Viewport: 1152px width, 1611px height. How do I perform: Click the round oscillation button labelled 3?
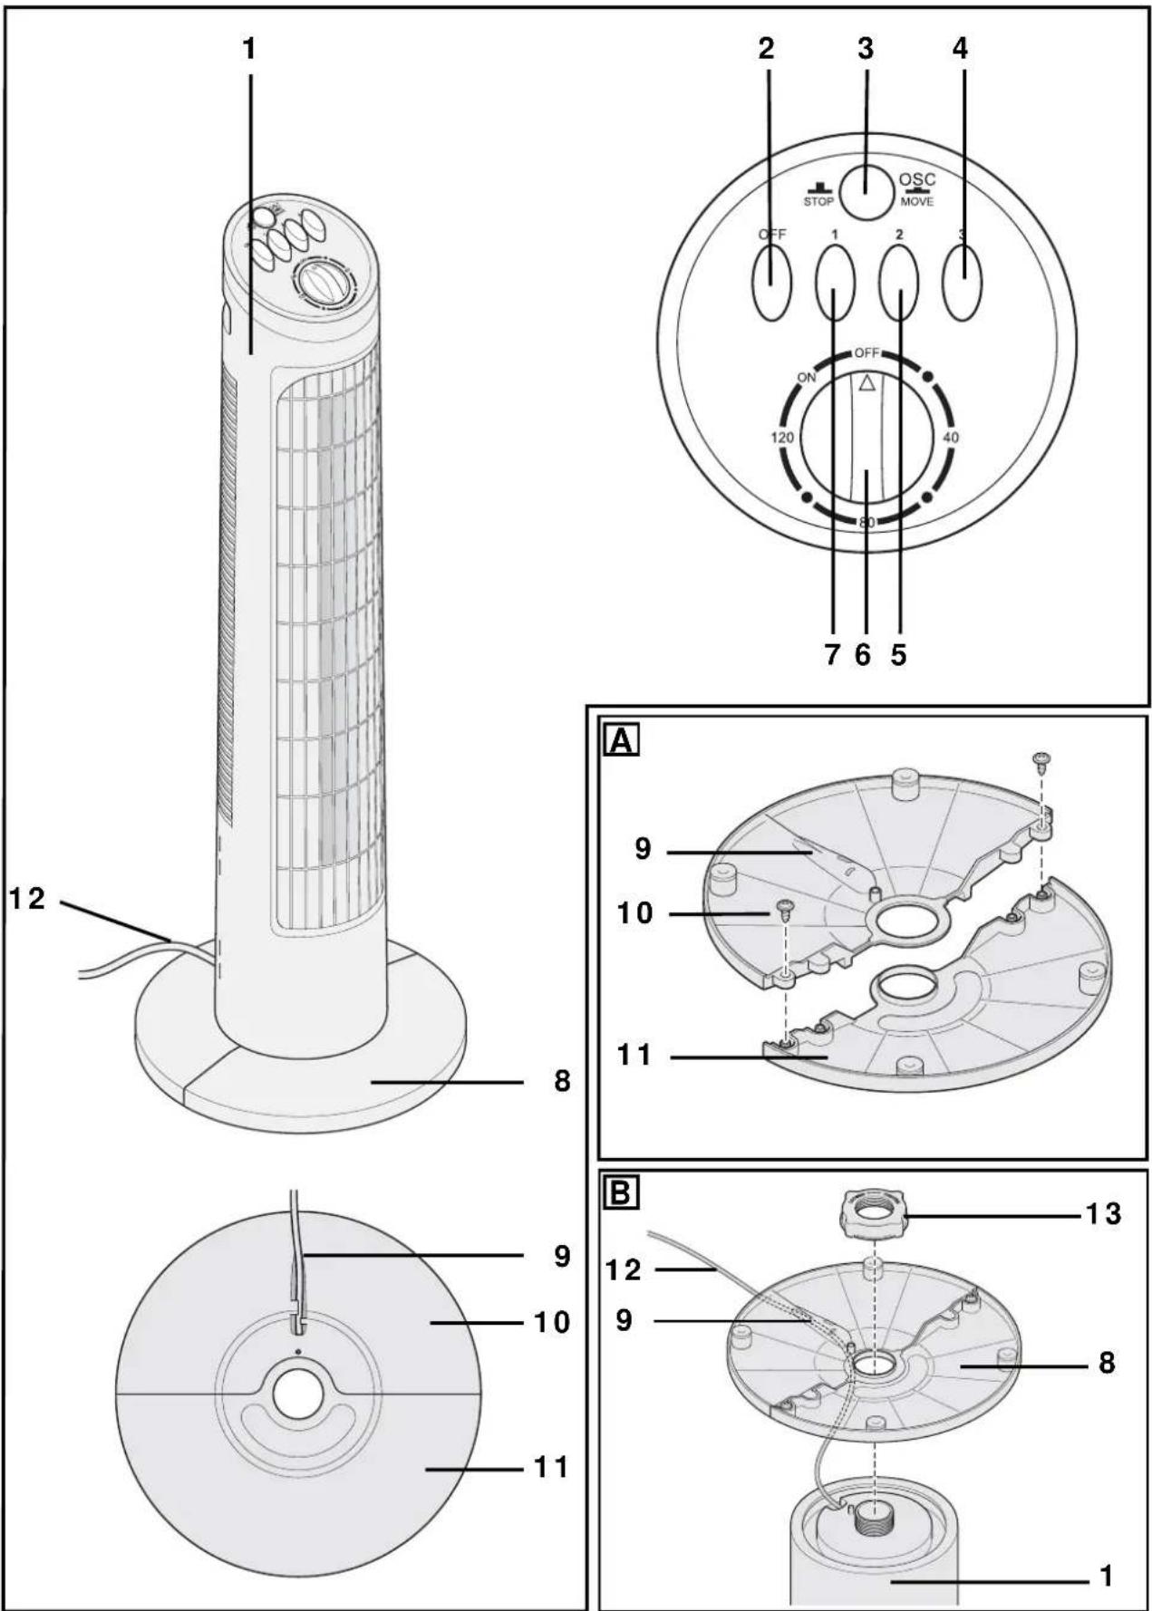(865, 191)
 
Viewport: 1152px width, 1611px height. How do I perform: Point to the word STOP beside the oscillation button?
(818, 201)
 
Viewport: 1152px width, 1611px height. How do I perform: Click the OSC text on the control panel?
(917, 180)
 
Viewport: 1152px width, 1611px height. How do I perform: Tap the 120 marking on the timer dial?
(782, 438)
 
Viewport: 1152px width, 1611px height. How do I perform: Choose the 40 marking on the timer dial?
(951, 438)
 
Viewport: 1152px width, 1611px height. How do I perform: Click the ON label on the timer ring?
(807, 378)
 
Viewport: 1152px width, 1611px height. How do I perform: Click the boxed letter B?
(622, 1193)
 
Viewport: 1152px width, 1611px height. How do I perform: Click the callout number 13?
(1104, 1213)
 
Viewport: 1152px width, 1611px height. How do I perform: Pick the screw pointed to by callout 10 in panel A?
(785, 909)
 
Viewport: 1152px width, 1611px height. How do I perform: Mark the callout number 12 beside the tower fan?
(28, 900)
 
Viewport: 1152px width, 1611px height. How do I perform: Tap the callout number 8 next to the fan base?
(563, 1082)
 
